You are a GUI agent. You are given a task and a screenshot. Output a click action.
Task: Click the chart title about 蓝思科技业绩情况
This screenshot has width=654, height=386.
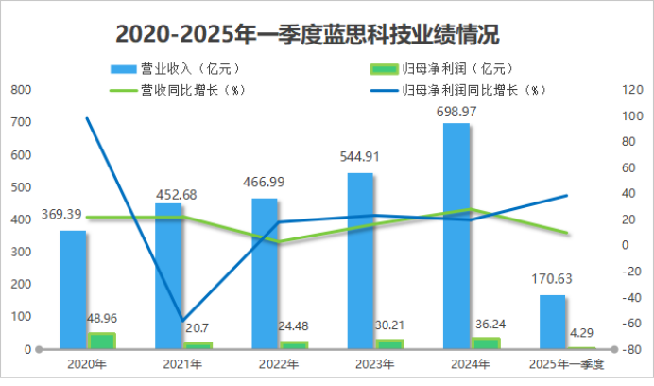click(x=307, y=33)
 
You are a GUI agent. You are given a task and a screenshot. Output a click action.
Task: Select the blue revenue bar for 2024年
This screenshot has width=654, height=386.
click(x=456, y=237)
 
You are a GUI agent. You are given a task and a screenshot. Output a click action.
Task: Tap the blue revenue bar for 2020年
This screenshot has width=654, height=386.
click(x=73, y=289)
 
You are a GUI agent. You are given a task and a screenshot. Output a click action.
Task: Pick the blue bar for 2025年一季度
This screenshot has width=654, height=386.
click(x=553, y=322)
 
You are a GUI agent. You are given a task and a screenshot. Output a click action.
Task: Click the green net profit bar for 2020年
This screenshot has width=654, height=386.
click(x=101, y=341)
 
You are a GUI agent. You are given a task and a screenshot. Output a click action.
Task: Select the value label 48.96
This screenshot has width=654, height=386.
click(x=101, y=320)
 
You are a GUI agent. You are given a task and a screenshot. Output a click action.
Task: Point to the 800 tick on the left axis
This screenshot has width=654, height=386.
click(x=21, y=90)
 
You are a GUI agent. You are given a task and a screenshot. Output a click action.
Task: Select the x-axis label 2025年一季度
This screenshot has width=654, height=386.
click(x=566, y=363)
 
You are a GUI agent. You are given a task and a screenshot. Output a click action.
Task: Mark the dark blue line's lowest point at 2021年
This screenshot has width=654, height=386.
click(x=182, y=320)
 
